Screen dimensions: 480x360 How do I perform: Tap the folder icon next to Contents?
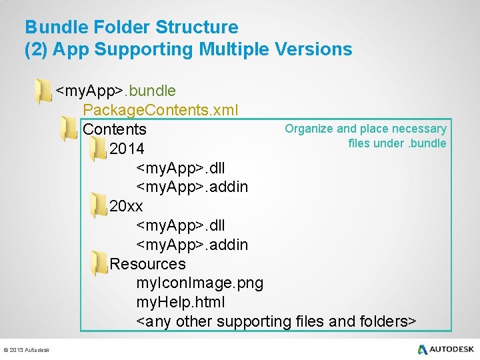pyautogui.click(x=68, y=129)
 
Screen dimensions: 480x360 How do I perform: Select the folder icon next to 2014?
pyautogui.click(x=98, y=149)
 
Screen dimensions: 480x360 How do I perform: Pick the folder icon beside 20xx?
pyautogui.click(x=98, y=206)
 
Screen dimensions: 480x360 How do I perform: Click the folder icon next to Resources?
pyautogui.click(x=99, y=264)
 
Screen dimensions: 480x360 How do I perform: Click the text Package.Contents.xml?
pyautogui.click(x=161, y=109)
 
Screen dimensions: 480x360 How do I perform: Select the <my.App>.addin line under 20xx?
pyautogui.click(x=192, y=245)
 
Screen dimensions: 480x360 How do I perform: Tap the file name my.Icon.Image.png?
pyautogui.click(x=199, y=283)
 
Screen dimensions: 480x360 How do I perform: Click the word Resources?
pyautogui.click(x=147, y=264)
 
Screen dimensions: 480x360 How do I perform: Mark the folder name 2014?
pyautogui.click(x=127, y=148)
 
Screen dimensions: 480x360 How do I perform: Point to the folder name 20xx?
pyautogui.click(x=126, y=206)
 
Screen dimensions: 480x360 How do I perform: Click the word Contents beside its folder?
pyautogui.click(x=115, y=129)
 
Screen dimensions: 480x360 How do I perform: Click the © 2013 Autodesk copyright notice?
pyautogui.click(x=27, y=350)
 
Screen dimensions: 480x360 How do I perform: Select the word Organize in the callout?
pyautogui.click(x=309, y=129)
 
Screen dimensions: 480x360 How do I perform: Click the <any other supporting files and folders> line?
pyautogui.click(x=276, y=322)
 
